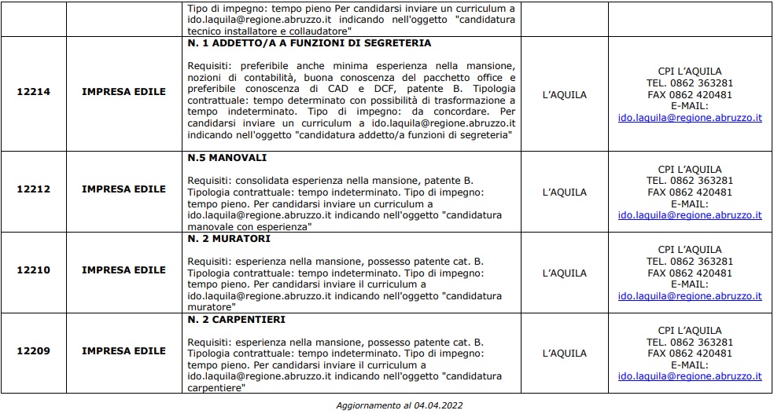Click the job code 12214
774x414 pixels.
click(33, 92)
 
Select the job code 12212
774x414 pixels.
click(33, 189)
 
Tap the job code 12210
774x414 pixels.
click(33, 270)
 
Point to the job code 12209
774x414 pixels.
click(33, 351)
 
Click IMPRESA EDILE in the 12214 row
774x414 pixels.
click(123, 92)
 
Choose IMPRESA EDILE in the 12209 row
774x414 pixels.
click(123, 351)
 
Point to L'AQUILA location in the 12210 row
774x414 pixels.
click(565, 273)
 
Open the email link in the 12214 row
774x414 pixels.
click(690, 118)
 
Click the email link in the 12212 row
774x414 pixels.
click(690, 214)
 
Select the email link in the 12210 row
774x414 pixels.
click(690, 296)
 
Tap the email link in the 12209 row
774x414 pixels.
click(690, 376)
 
